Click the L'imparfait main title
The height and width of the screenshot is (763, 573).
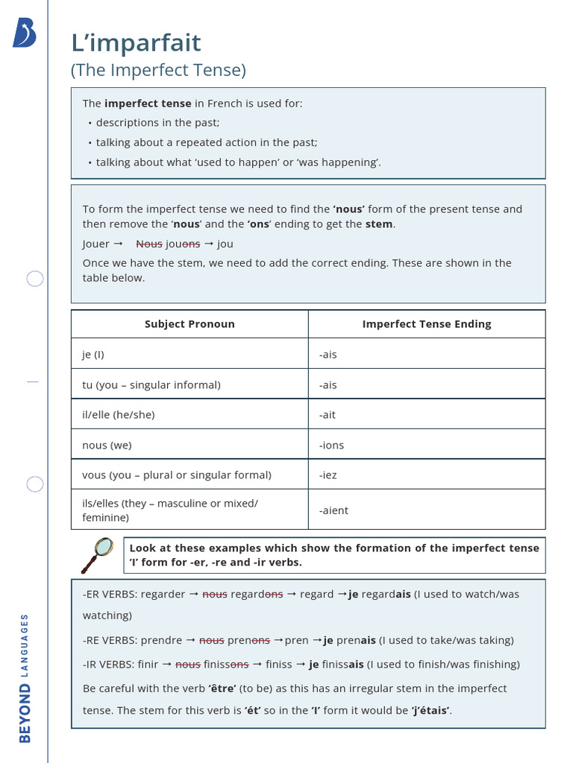click(136, 43)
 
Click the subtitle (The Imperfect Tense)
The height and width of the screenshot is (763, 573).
click(158, 70)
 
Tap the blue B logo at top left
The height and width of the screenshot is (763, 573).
click(24, 34)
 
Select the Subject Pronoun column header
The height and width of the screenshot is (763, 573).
click(190, 324)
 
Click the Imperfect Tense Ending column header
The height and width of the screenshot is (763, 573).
click(426, 324)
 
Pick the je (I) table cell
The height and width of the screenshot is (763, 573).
click(94, 355)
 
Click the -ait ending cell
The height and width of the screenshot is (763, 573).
click(328, 415)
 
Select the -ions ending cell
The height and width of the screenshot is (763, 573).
click(331, 446)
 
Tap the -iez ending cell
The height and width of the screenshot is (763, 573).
click(328, 475)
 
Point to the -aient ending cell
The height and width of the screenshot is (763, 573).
click(334, 510)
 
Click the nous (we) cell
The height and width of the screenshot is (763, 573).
click(107, 446)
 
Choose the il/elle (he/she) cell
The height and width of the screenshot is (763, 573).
click(119, 415)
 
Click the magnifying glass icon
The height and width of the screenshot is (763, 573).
click(97, 554)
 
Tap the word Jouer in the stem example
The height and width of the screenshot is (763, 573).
click(95, 244)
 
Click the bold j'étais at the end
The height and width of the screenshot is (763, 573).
click(430, 711)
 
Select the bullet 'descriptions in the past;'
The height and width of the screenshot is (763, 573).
click(157, 123)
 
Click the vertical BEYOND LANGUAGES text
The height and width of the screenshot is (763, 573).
click(25, 677)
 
